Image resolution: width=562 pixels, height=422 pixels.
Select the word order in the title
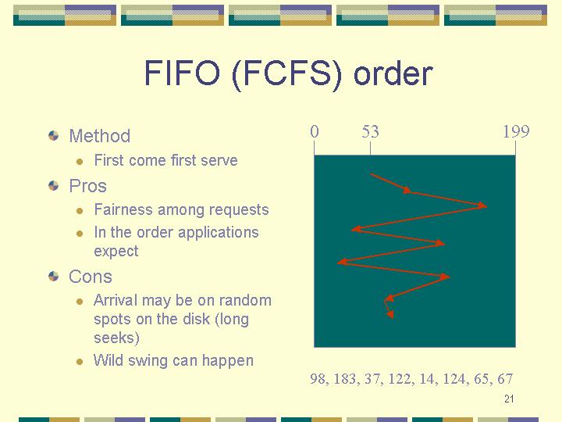pos(393,73)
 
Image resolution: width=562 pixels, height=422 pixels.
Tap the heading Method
pos(100,136)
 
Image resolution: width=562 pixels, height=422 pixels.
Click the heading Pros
pos(87,186)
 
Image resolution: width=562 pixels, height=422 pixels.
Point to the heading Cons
pos(91,277)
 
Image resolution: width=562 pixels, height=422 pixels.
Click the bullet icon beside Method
pos(53,136)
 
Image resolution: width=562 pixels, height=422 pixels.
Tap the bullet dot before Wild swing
pos(80,362)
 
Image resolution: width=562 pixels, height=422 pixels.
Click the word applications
pos(219,233)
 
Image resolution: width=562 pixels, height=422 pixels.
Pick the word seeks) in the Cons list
pos(116,338)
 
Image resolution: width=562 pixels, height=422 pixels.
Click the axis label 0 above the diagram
pos(315,132)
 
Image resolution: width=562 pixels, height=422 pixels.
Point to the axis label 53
pos(370,132)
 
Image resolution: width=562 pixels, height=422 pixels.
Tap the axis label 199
pos(516,132)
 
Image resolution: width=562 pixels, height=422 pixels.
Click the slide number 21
pos(509,399)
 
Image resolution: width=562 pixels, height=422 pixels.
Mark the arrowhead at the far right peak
pos(482,206)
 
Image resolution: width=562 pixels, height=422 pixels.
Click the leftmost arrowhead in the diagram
pos(342,262)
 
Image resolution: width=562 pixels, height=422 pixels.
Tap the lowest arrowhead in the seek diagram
pos(390,314)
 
